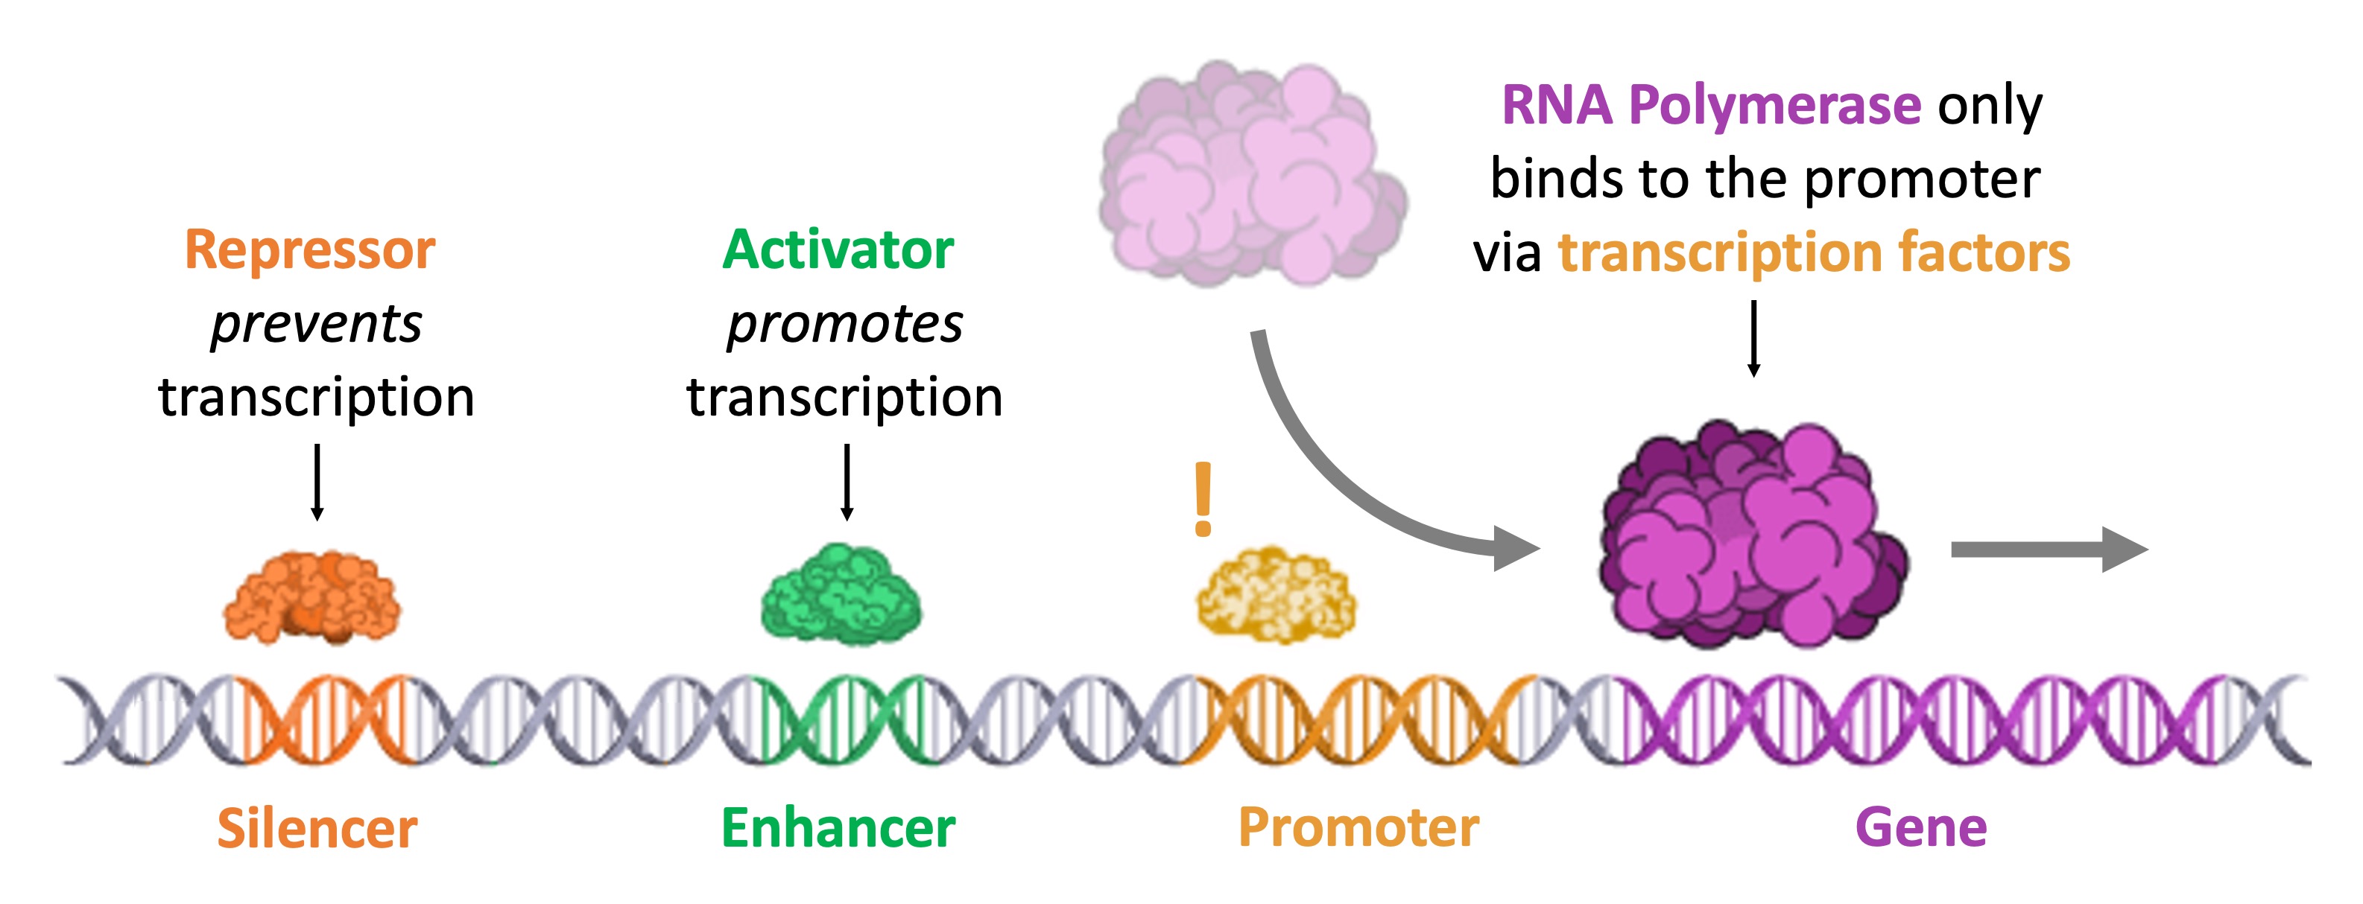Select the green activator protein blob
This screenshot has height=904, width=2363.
[x=841, y=594]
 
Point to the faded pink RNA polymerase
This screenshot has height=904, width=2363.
[x=1252, y=174]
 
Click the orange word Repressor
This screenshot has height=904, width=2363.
[x=310, y=249]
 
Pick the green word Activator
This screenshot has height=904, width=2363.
[x=838, y=249]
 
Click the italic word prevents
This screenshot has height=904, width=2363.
[x=317, y=324]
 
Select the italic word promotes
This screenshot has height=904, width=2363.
[x=845, y=324]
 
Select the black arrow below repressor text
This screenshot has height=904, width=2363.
[x=317, y=483]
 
